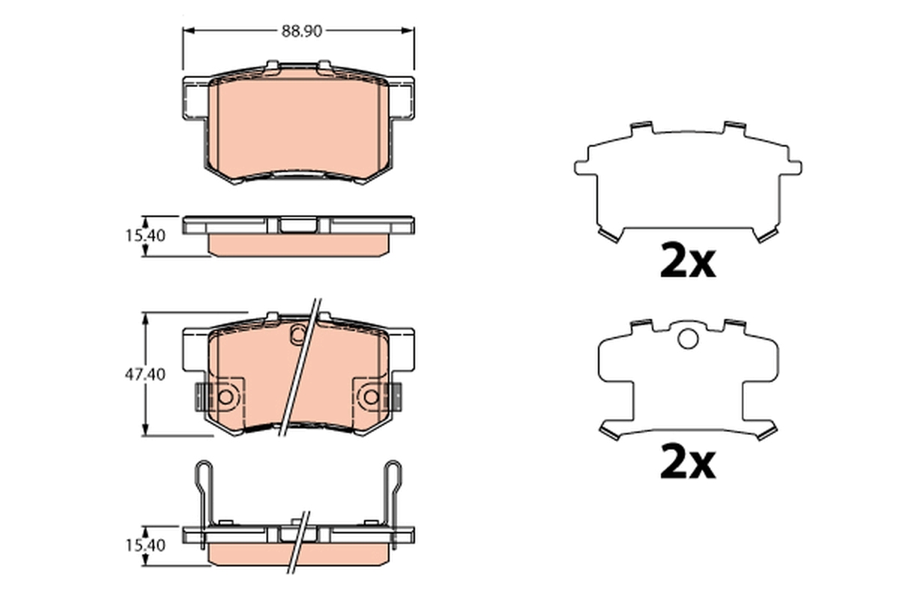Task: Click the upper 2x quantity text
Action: tap(687, 261)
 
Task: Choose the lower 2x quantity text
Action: tap(687, 463)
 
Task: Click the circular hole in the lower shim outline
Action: tap(688, 339)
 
